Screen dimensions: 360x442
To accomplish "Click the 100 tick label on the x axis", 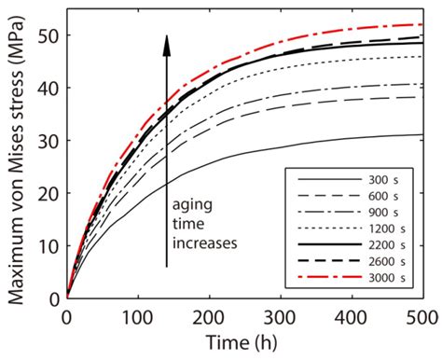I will click(x=138, y=314).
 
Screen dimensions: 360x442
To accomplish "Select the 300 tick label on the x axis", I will click(x=281, y=314).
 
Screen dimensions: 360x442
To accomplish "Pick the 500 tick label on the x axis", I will click(x=422, y=314).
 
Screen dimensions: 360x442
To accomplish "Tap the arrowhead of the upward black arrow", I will click(x=167, y=41).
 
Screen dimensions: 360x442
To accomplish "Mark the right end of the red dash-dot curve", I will click(x=422, y=24).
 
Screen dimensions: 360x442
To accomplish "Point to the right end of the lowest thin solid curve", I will click(x=422, y=134).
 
